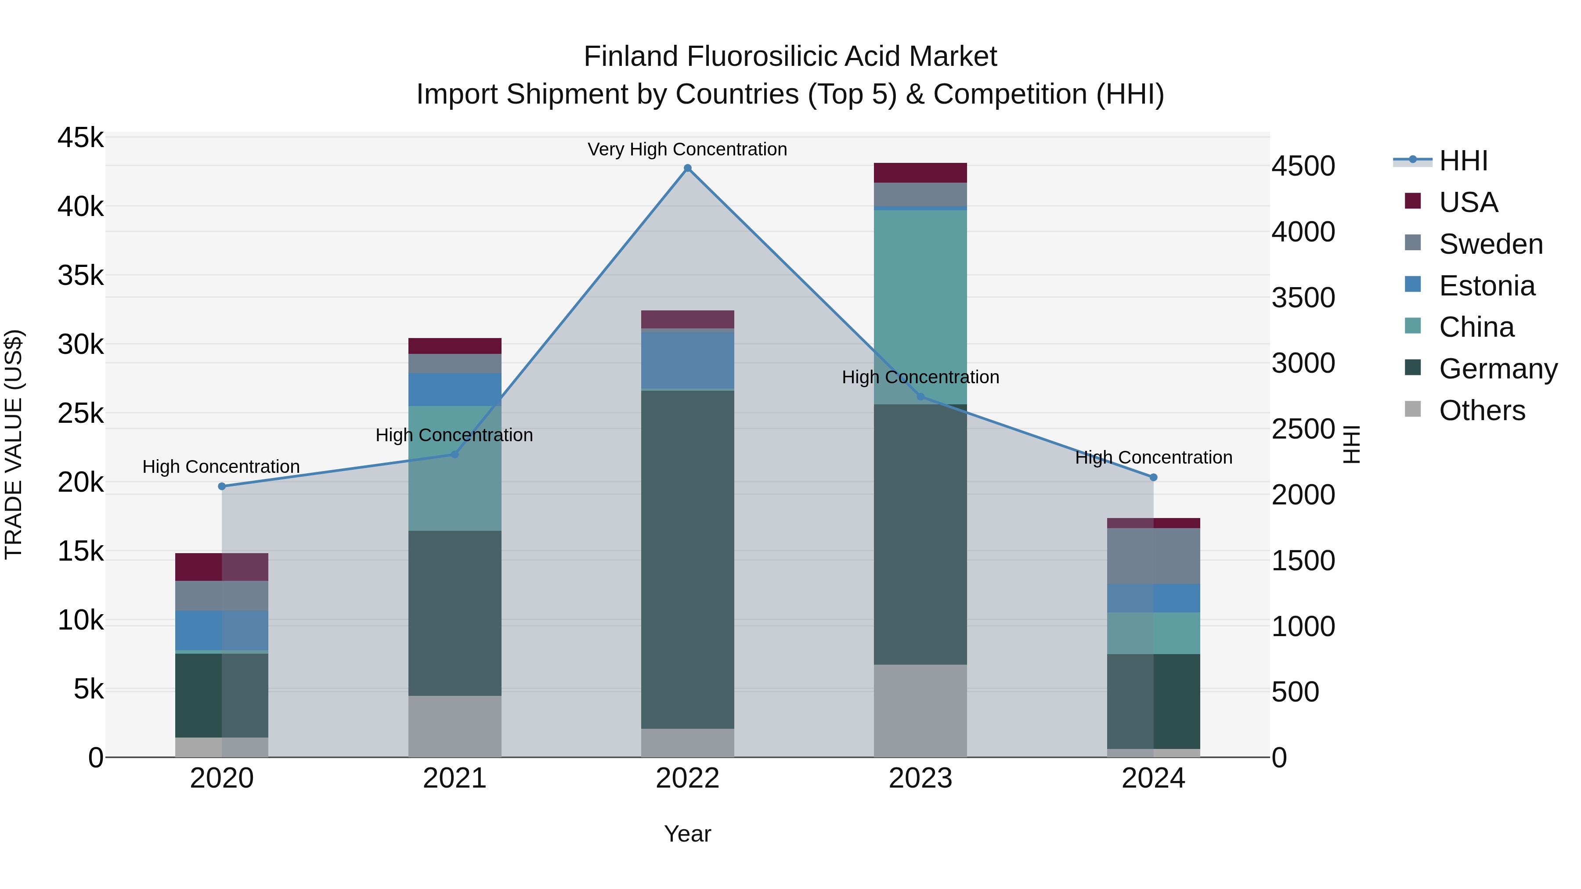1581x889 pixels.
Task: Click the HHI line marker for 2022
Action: [x=687, y=168]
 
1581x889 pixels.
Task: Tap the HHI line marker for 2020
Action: [x=222, y=486]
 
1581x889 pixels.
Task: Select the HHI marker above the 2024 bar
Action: [x=1153, y=477]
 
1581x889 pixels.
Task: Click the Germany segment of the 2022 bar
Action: [x=687, y=558]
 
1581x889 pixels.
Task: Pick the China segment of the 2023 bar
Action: [x=920, y=307]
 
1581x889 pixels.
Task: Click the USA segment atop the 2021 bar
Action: [x=455, y=346]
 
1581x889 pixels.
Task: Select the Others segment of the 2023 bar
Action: [x=920, y=710]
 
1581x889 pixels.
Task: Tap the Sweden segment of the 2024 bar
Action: [x=1153, y=556]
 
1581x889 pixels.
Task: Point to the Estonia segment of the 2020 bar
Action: [x=222, y=630]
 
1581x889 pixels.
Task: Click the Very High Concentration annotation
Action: [x=687, y=150]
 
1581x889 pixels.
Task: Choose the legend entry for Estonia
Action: [x=1487, y=286]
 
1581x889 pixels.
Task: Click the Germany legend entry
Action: [x=1498, y=369]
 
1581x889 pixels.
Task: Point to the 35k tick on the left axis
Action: [x=81, y=275]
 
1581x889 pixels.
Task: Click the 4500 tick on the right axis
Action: [x=1303, y=166]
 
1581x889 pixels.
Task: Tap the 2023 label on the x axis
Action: [x=920, y=778]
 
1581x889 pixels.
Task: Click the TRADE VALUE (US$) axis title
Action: [x=14, y=444]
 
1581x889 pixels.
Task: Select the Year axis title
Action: [x=687, y=834]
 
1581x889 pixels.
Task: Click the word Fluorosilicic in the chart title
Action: [x=762, y=57]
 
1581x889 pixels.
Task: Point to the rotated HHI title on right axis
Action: [x=1351, y=444]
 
